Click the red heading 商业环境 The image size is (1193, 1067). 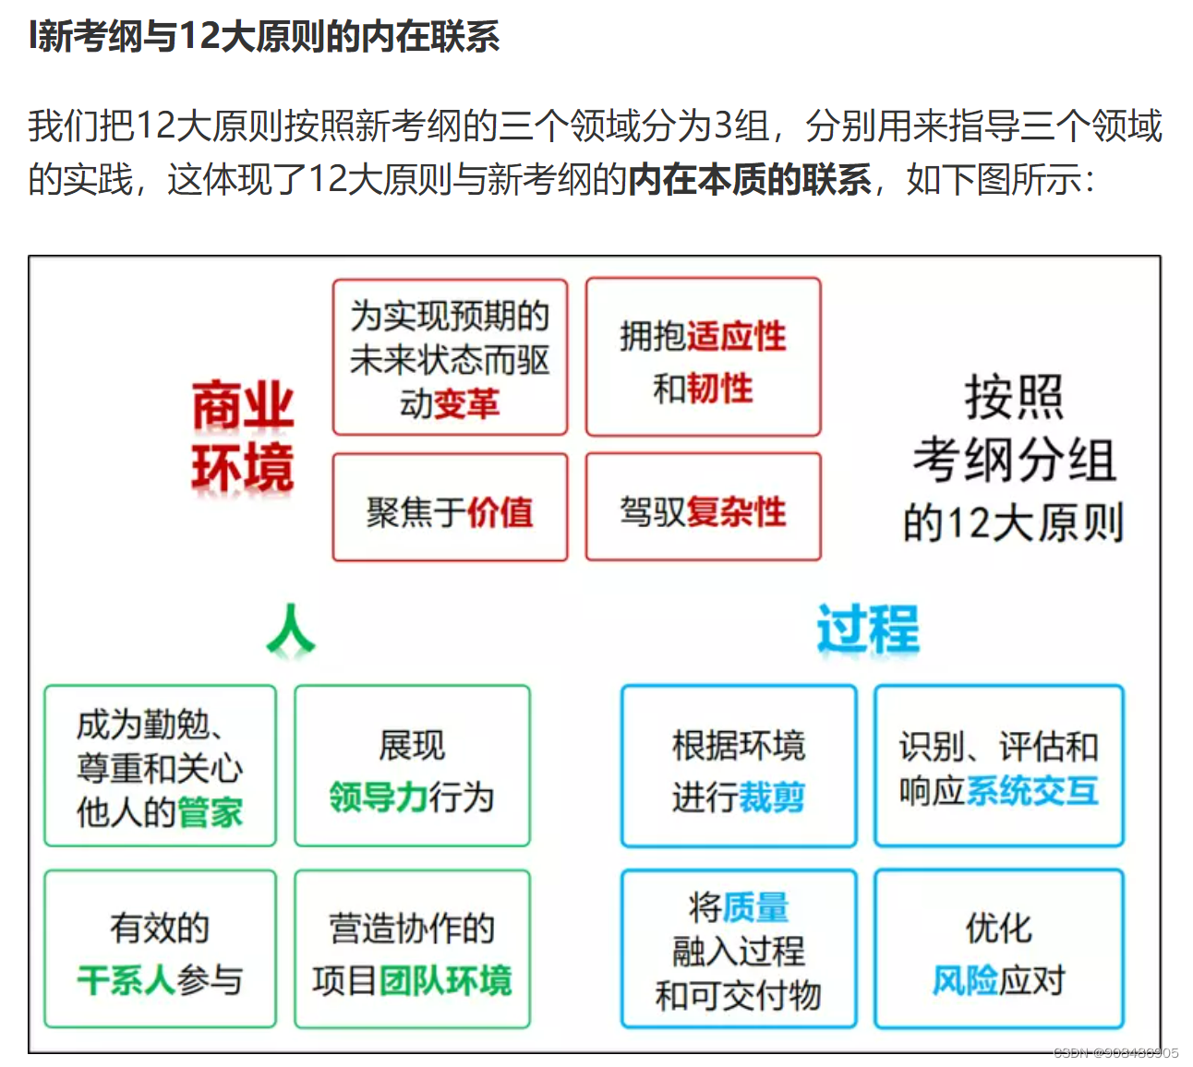(x=242, y=436)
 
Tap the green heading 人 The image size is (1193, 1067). (x=291, y=630)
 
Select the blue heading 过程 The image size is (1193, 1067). (x=868, y=629)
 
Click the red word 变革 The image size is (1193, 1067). (x=466, y=403)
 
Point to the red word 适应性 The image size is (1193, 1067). (x=735, y=336)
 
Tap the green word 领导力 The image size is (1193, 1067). (x=377, y=797)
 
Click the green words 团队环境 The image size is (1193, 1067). (x=445, y=979)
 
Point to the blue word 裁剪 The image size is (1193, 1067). (x=772, y=797)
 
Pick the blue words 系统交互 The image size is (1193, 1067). (x=1032, y=791)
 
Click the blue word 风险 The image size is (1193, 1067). (x=965, y=979)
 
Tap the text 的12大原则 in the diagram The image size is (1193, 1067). (x=1013, y=522)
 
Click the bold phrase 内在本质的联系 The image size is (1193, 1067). (x=749, y=179)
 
